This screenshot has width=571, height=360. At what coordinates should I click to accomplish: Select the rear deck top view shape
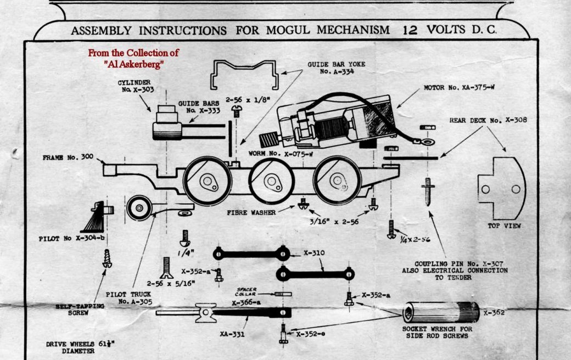point(501,188)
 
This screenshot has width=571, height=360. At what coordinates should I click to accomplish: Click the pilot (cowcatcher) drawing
point(98,217)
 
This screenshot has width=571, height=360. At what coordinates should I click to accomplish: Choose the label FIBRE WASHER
point(251,211)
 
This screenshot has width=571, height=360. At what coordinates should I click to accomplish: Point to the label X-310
point(314,254)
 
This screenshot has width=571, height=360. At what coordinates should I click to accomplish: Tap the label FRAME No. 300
point(69,157)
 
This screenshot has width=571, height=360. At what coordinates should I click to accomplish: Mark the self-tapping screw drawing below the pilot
point(107,257)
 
